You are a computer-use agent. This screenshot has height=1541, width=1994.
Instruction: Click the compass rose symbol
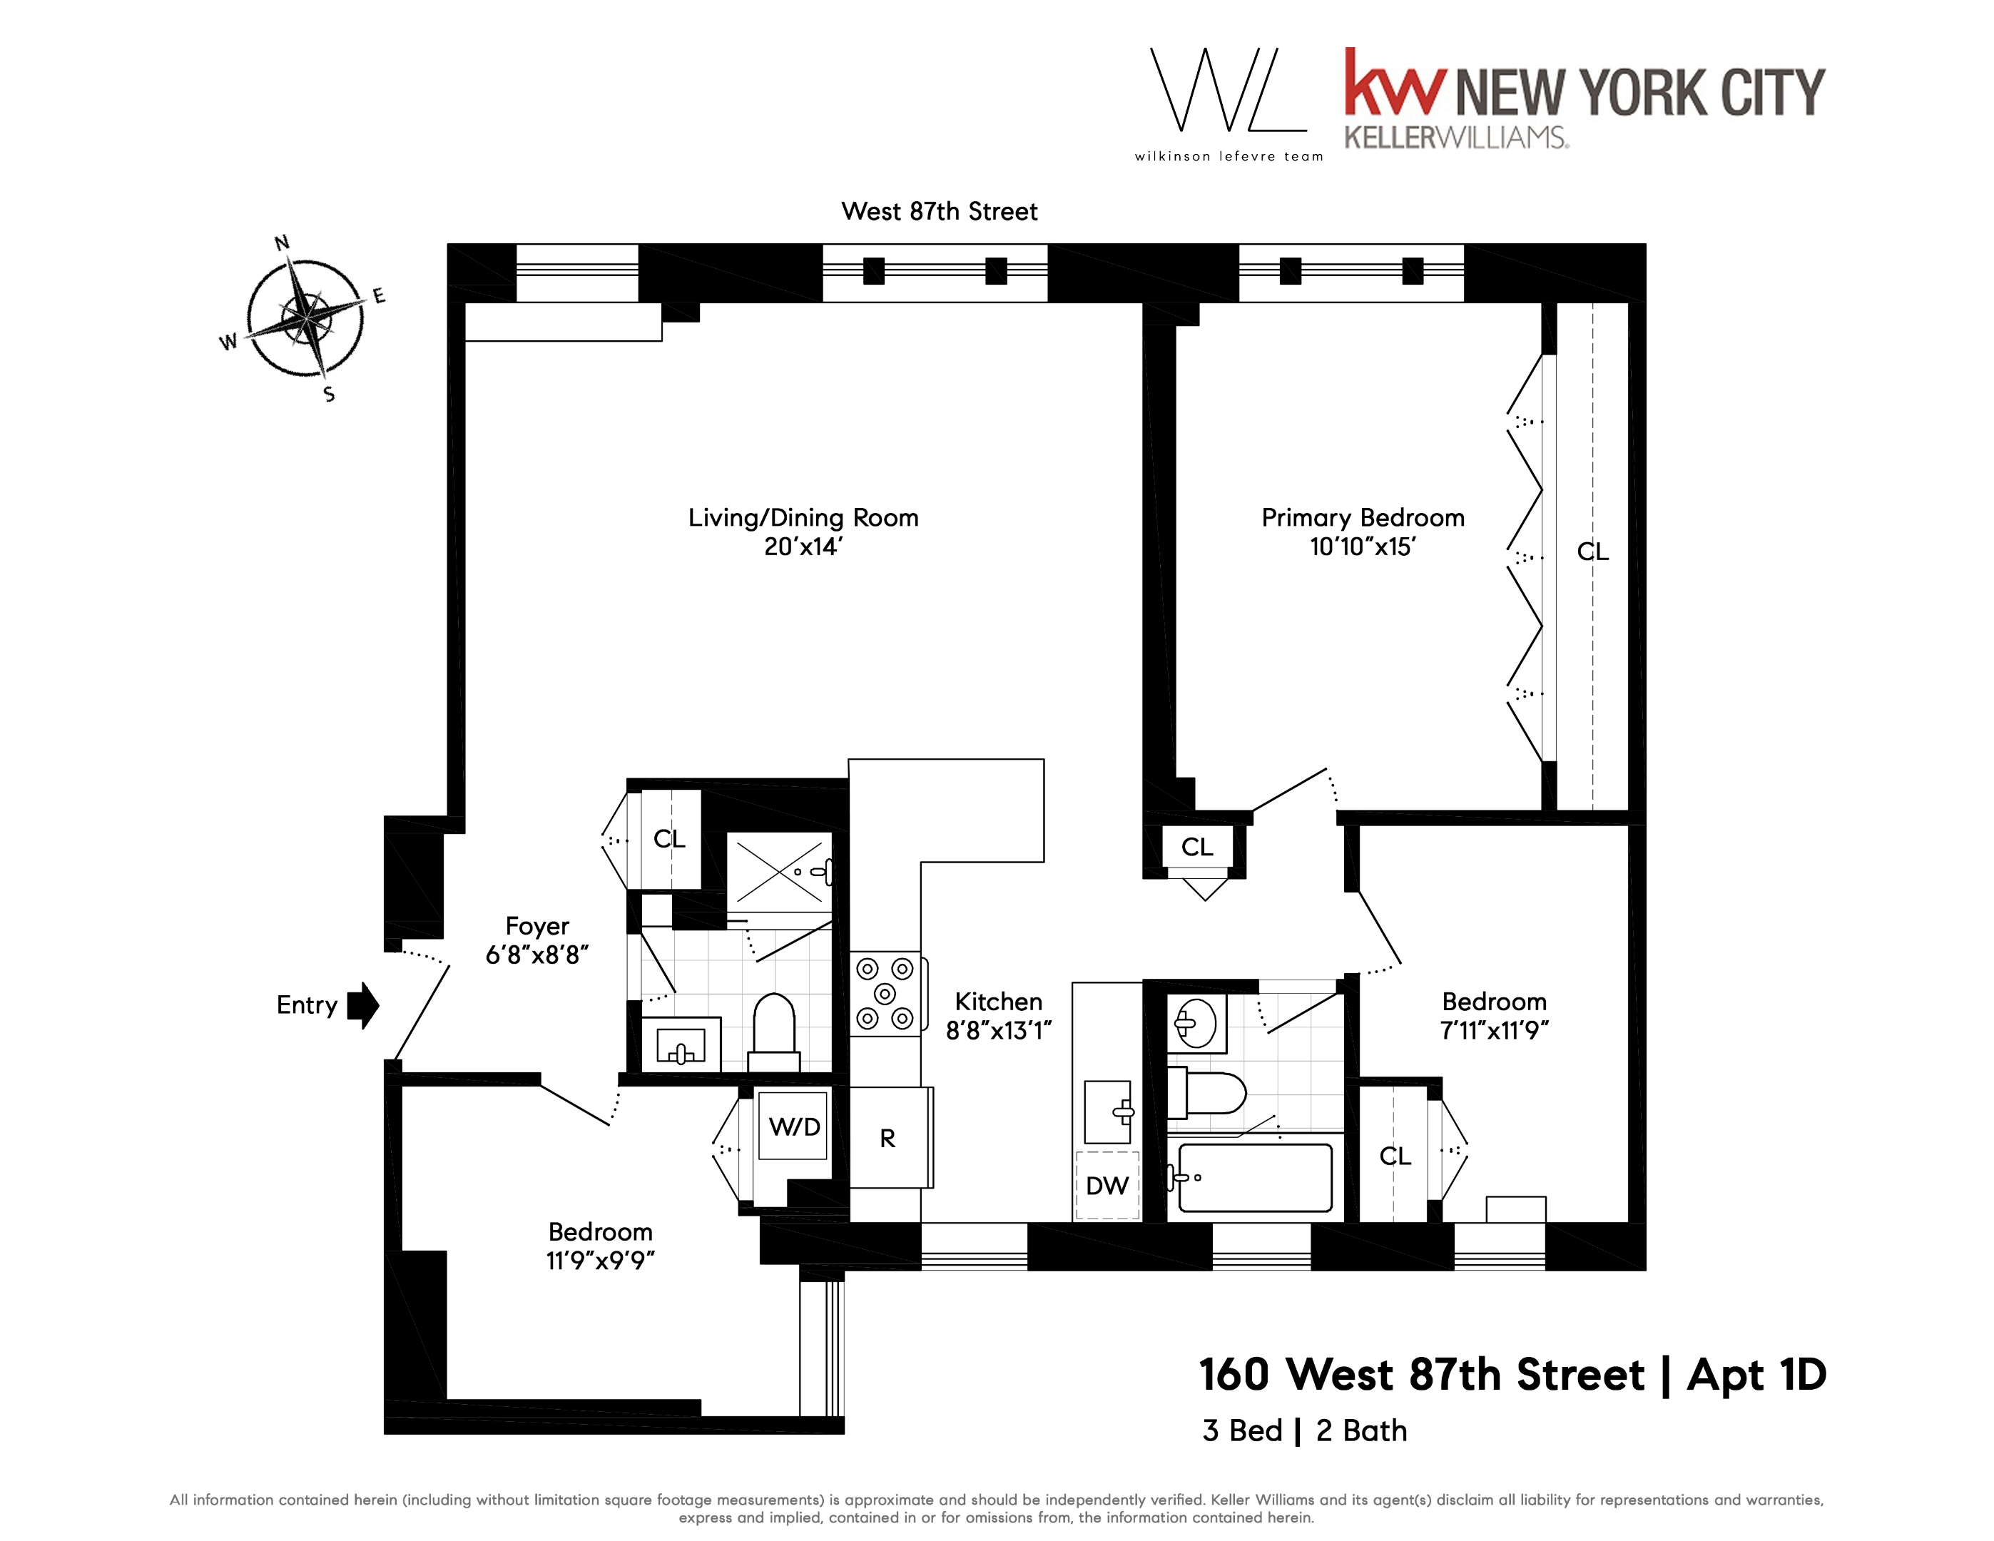pos(306,317)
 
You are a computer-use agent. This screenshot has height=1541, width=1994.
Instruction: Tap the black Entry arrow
pos(362,1005)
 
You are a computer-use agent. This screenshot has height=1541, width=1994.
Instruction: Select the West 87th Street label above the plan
pos(939,212)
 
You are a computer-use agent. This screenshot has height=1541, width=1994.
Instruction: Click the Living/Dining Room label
pos(803,518)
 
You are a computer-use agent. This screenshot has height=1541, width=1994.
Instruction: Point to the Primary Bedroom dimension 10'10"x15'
pos(1362,546)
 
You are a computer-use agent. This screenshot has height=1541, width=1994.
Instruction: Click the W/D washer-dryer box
pos(793,1126)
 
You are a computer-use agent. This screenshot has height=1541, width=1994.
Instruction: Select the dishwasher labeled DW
pos(1107,1186)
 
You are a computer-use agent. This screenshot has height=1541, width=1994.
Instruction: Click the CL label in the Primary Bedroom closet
pos(1592,551)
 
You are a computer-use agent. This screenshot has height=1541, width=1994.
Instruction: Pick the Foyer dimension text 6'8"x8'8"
pos(536,955)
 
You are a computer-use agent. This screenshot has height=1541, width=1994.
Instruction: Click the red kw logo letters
pos(1395,84)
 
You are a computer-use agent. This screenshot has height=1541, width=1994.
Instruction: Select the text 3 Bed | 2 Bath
pos(1304,1430)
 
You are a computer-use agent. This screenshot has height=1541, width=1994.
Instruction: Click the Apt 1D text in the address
pos(1756,1375)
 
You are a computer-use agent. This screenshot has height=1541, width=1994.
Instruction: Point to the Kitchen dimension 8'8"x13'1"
pos(999,1031)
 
